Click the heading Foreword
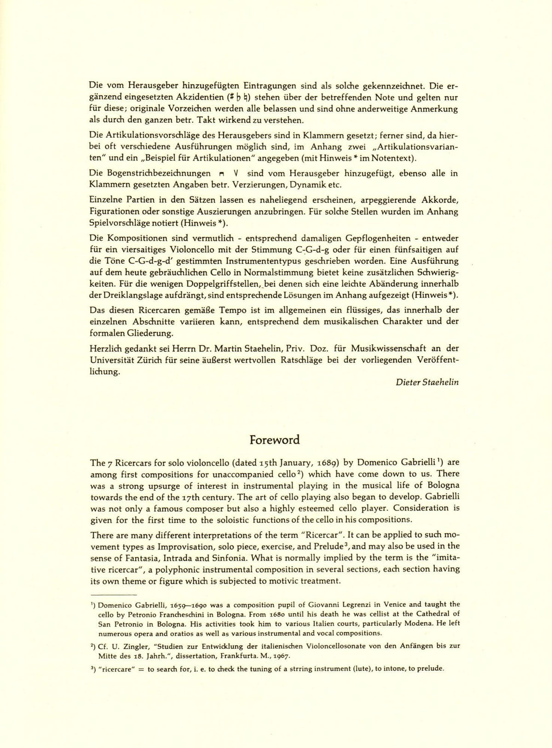275,440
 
